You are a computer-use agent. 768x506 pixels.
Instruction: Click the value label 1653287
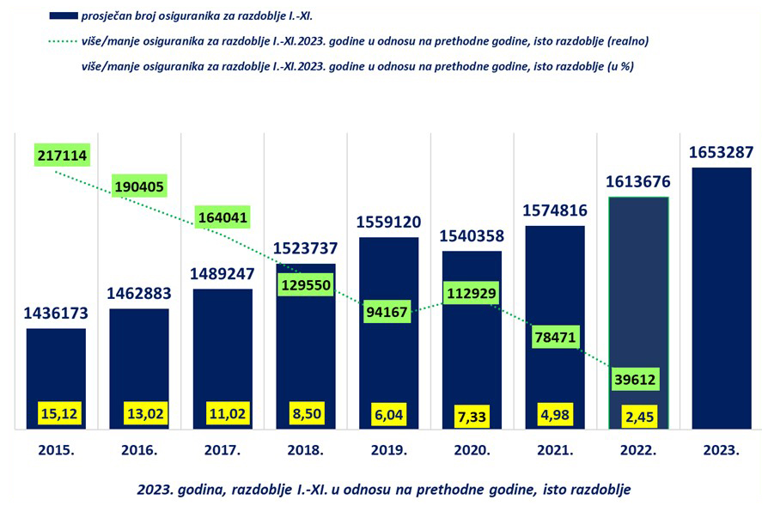[721, 153]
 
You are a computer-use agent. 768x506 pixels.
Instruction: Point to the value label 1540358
[472, 235]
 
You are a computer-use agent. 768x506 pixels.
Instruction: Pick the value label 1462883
[139, 293]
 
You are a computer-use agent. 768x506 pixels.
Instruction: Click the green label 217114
[63, 155]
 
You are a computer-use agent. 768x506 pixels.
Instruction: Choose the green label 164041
[222, 217]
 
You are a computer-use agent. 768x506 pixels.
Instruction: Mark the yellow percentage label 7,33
[472, 415]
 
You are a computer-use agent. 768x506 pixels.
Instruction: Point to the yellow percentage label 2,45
[637, 415]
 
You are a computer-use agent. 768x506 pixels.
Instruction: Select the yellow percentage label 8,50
[306, 414]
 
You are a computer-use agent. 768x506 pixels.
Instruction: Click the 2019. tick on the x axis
[388, 450]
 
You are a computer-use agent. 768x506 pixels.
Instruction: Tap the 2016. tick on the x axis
[139, 450]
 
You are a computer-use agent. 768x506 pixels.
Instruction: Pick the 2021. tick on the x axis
[555, 450]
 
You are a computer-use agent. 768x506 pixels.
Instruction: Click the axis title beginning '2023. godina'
[383, 489]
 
